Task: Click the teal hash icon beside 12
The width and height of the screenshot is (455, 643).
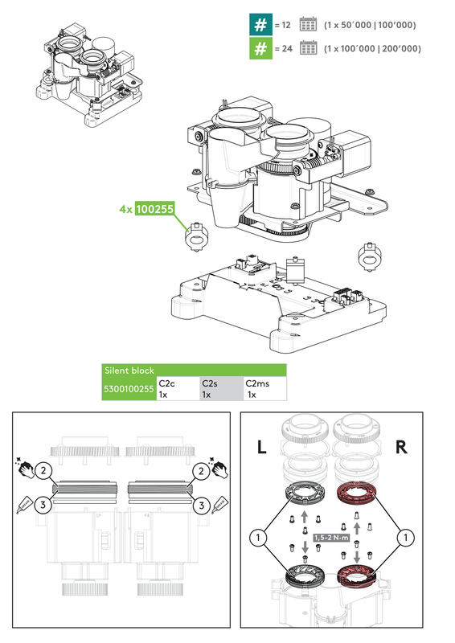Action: coord(259,25)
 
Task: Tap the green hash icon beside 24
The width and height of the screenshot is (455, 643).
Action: coord(259,48)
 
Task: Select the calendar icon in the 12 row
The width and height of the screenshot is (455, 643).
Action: coord(309,25)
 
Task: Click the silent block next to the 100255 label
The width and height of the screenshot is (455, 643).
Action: coord(194,239)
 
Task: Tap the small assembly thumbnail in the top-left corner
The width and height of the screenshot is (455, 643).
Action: coord(81,72)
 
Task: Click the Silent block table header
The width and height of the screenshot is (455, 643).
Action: coord(193,371)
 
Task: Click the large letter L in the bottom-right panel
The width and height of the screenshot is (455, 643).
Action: coord(262,448)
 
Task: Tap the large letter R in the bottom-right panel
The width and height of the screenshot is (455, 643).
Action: coord(401,448)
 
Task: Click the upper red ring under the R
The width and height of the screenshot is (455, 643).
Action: coord(355,494)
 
